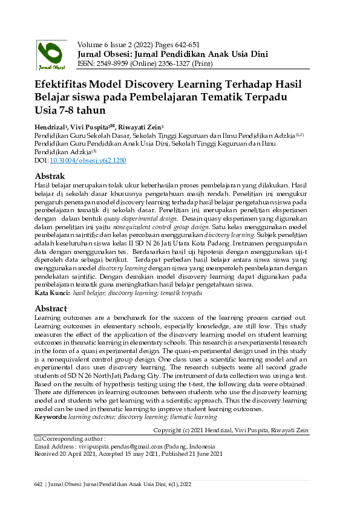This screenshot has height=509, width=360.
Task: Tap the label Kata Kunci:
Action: [52, 293]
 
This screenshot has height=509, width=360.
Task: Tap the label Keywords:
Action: [51, 417]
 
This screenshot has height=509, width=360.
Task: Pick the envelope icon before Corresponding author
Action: [38, 438]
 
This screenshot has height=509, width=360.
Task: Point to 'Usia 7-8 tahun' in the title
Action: [70, 110]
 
